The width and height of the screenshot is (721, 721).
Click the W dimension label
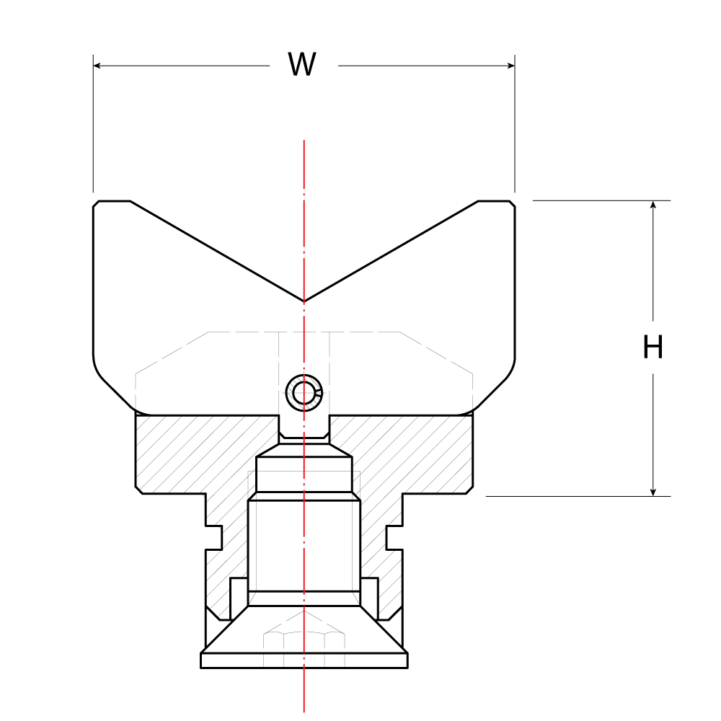coord(302,65)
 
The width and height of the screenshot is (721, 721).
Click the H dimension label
coord(653,348)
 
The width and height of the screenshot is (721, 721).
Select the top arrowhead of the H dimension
coord(653,205)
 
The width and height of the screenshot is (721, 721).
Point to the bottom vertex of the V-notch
coord(304,300)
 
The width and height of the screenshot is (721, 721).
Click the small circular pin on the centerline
coord(304,394)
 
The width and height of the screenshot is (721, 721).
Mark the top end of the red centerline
coord(304,141)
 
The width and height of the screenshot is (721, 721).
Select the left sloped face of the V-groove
coord(216,250)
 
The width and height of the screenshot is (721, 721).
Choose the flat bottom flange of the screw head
coord(304,660)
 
